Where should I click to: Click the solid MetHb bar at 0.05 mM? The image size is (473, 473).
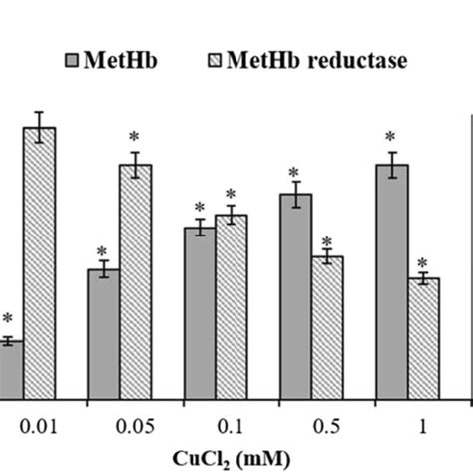click(104, 333)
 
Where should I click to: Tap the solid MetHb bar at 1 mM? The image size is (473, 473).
click(391, 280)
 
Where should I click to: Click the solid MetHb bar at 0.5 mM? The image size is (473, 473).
click(295, 295)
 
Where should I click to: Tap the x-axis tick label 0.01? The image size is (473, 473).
click(39, 427)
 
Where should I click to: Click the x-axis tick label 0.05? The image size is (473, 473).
click(135, 427)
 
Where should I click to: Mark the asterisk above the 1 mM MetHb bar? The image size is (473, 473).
click(391, 137)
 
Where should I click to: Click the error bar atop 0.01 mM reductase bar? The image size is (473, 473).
click(39, 127)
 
